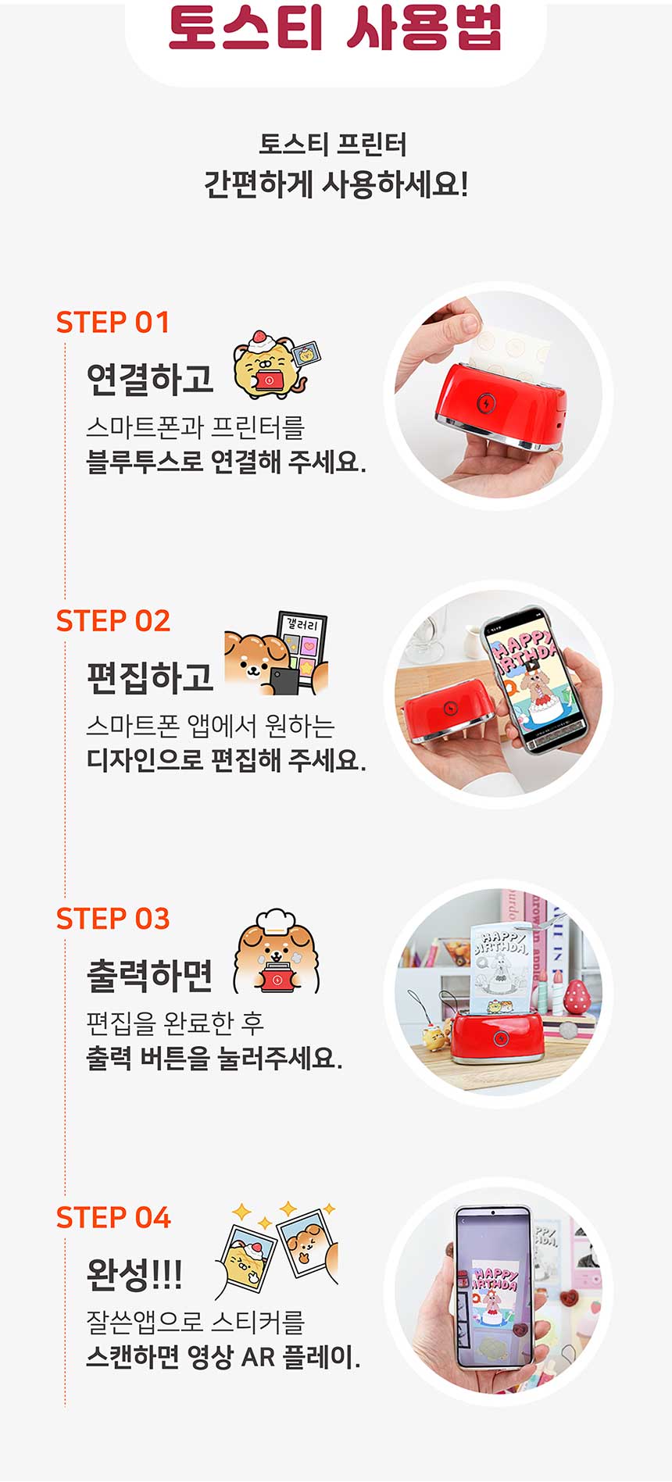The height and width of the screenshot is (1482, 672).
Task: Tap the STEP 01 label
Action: click(x=113, y=323)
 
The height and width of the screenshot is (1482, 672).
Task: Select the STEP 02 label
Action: click(x=113, y=621)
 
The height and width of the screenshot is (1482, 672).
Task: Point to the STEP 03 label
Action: click(x=113, y=919)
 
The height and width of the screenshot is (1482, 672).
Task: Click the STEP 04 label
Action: click(x=113, y=1217)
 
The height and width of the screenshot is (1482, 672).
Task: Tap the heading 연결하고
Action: click(x=150, y=379)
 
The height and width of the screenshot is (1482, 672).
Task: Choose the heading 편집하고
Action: click(x=150, y=677)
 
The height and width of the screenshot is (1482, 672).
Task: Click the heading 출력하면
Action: click(x=150, y=975)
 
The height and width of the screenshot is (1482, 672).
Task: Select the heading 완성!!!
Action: click(x=134, y=1274)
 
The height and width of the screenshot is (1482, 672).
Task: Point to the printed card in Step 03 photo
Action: click(x=501, y=968)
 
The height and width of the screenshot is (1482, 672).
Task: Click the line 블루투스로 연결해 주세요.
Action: click(x=226, y=462)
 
